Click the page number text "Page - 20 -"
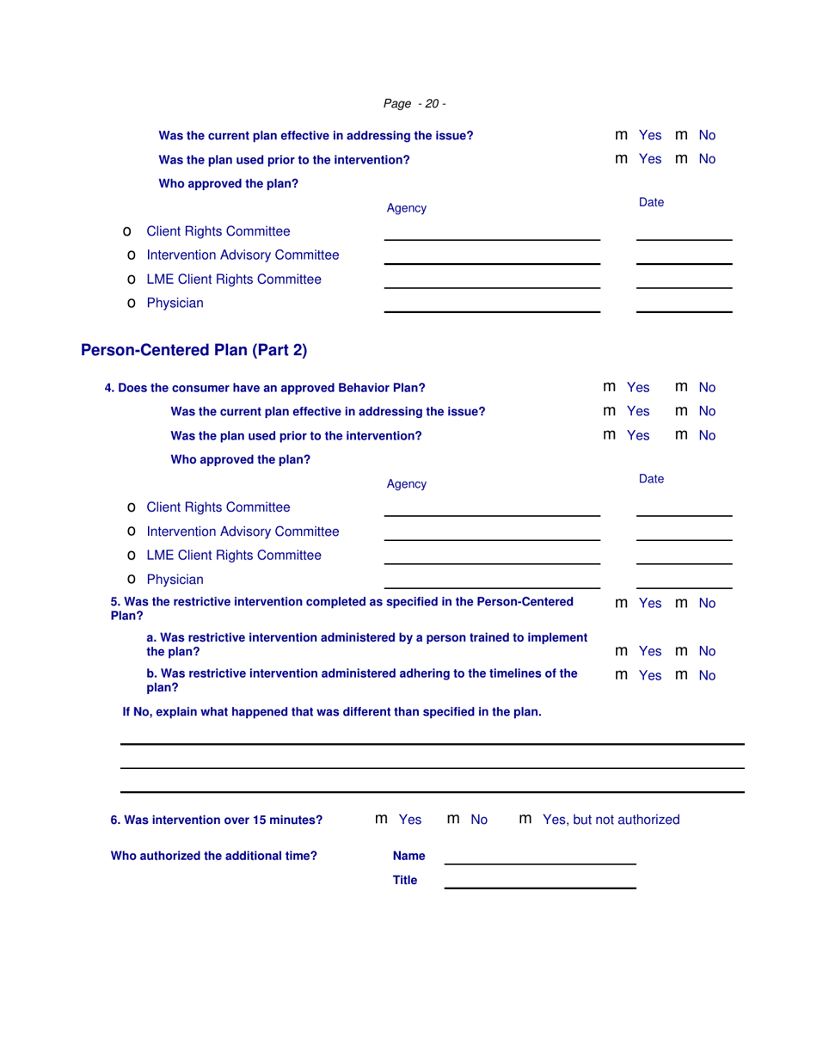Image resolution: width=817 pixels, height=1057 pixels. click(414, 104)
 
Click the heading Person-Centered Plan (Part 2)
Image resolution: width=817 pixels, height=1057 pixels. click(193, 350)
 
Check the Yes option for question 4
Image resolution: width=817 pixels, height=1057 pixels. click(610, 387)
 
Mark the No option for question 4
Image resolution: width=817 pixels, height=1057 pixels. click(682, 387)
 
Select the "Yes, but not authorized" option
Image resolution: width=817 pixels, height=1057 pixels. click(526, 820)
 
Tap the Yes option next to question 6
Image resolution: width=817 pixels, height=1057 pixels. click(383, 820)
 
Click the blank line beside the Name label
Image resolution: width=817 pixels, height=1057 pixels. click(539, 857)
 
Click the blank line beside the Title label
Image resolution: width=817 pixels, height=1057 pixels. click(539, 882)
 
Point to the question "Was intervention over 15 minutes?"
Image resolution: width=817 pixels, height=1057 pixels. click(217, 820)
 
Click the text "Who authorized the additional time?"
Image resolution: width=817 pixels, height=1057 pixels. click(214, 856)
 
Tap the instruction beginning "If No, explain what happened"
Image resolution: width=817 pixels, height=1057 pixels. click(332, 711)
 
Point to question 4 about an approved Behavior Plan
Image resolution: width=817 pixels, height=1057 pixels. click(265, 387)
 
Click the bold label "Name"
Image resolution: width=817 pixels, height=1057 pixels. click(408, 856)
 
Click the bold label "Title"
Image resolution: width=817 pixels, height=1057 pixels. click(405, 880)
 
